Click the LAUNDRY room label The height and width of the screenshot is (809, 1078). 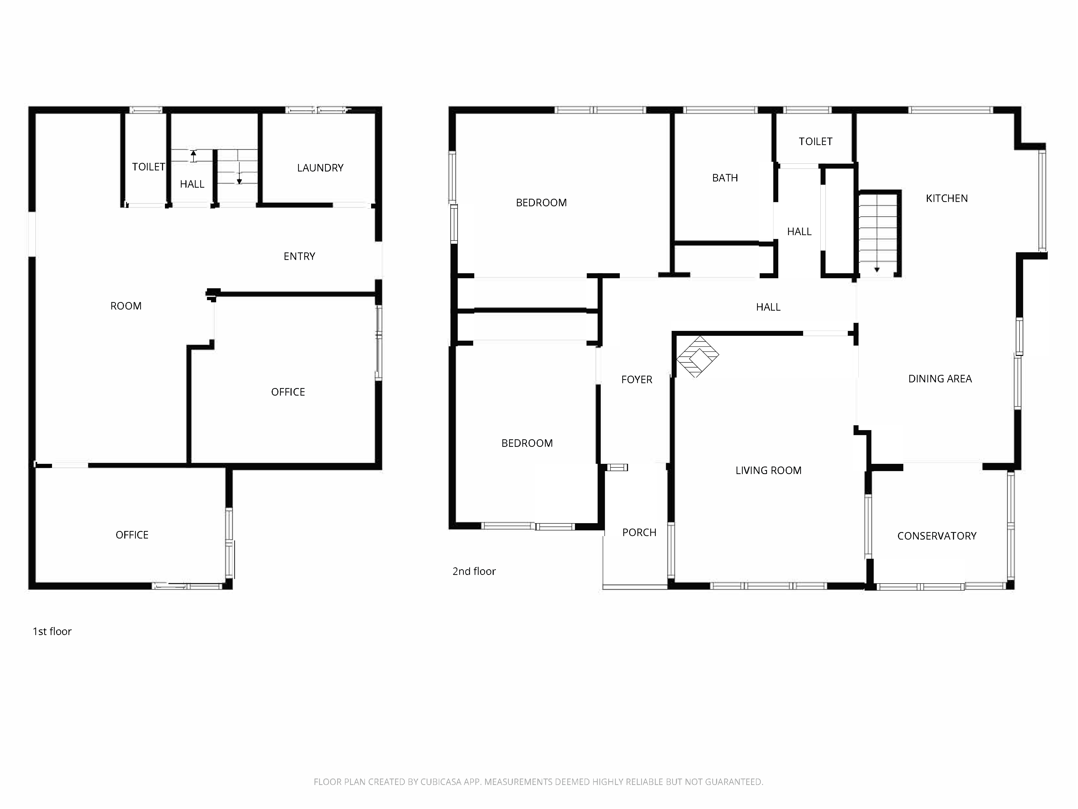[320, 168]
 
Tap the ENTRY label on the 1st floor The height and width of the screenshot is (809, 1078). [299, 256]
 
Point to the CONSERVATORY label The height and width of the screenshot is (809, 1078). [937, 536]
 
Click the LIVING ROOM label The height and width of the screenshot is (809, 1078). [768, 471]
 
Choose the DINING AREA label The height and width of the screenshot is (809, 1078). [939, 379]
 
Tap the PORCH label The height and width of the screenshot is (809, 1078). [639, 533]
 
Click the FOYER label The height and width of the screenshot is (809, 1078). [637, 379]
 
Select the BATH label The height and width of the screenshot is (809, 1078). [725, 178]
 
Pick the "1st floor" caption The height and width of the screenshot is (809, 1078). [52, 632]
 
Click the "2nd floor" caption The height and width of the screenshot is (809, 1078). [474, 571]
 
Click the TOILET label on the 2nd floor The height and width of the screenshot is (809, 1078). [815, 141]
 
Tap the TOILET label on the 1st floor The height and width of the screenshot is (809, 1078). [148, 167]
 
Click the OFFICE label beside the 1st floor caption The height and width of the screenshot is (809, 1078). [132, 535]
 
